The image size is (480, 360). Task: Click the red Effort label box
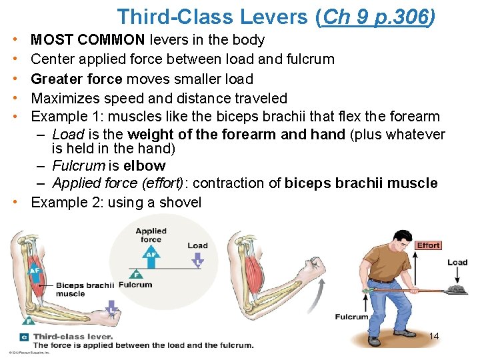pyautogui.click(x=428, y=245)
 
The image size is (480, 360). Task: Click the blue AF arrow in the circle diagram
pyautogui.click(x=151, y=254)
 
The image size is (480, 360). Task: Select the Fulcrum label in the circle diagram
pyautogui.click(x=135, y=285)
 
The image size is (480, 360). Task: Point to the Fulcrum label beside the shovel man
pyautogui.click(x=351, y=317)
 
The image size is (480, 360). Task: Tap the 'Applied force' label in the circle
pyautogui.click(x=151, y=235)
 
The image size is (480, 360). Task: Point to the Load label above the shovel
pyautogui.click(x=457, y=262)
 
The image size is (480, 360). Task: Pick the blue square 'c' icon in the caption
pyautogui.click(x=24, y=337)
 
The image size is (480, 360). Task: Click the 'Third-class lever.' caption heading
pyautogui.click(x=73, y=337)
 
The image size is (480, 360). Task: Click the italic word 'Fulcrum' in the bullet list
pyautogui.click(x=79, y=165)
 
